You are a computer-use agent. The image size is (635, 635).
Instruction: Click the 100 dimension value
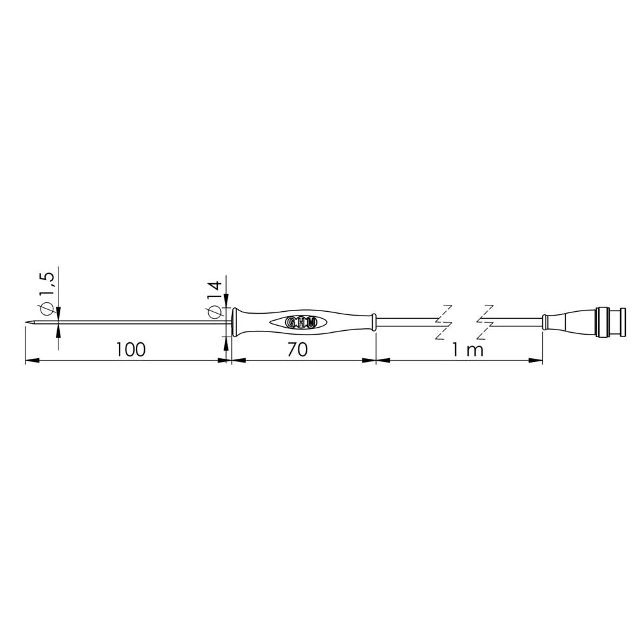coord(130,349)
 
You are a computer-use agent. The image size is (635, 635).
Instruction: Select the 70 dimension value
coord(298,349)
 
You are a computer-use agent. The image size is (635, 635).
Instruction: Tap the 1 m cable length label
coord(468,350)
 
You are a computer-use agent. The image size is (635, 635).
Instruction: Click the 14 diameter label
coord(214,290)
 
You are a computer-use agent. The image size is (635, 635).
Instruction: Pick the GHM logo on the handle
coord(300,322)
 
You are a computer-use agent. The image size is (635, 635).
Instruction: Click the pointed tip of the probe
coord(27,323)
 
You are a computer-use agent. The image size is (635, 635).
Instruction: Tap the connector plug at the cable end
coord(611,323)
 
